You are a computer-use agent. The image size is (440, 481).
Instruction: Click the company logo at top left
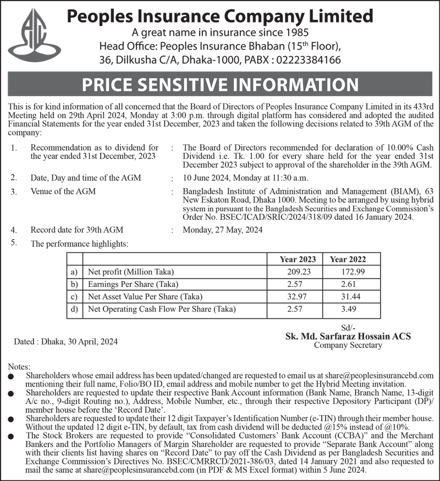click(36, 35)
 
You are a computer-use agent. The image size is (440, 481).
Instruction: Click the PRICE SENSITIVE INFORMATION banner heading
click(220, 85)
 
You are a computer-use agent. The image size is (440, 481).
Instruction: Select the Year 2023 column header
click(298, 259)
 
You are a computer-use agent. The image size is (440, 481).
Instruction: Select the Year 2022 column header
click(348, 259)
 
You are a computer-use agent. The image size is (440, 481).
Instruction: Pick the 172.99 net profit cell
click(353, 272)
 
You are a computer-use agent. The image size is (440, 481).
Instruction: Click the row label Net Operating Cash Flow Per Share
click(162, 309)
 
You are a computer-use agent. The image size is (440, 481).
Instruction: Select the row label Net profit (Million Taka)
click(130, 272)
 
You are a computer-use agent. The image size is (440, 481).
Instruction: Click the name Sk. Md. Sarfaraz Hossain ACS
click(348, 336)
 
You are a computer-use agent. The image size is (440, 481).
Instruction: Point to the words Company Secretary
click(348, 345)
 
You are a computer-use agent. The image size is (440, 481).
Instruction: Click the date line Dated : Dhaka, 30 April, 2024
click(65, 341)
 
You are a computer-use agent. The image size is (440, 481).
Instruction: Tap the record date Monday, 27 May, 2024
click(222, 230)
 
